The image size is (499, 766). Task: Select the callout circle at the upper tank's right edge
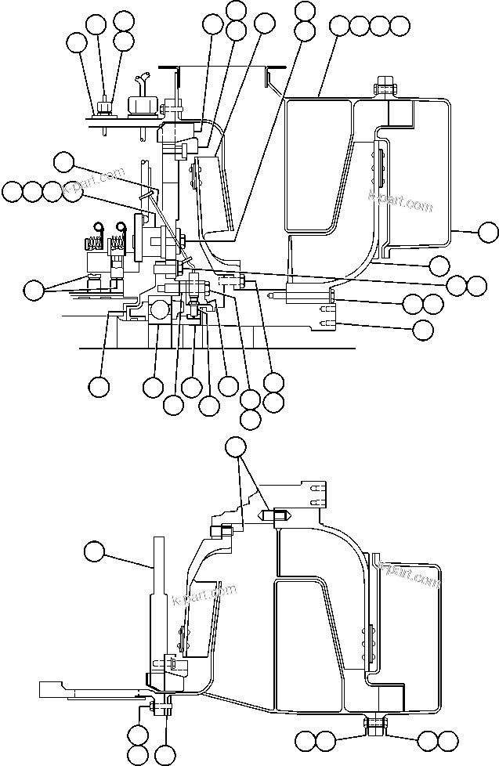tap(488, 232)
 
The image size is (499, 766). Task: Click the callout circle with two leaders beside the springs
tap(33, 291)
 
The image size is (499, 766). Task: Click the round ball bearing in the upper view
tap(160, 309)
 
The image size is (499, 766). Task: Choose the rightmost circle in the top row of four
tap(400, 25)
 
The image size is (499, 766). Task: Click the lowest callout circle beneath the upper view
tap(250, 418)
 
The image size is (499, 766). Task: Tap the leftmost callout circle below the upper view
tap(99, 386)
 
